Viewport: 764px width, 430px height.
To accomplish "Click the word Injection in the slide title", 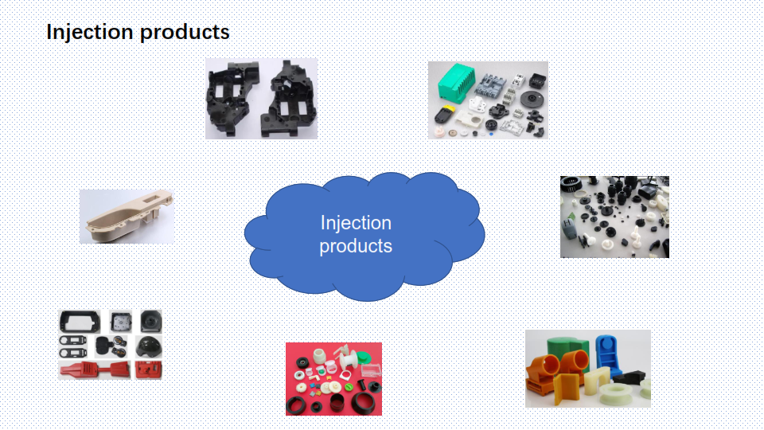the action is click(x=90, y=32).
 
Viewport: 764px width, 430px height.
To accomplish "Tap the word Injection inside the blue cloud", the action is click(x=357, y=223).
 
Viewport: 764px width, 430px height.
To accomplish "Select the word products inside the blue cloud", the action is click(x=356, y=246).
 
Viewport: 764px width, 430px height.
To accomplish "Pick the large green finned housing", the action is click(x=456, y=82).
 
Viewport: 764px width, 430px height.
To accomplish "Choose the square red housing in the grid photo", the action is click(x=149, y=370).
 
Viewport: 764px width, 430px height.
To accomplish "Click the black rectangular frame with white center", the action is click(x=80, y=322).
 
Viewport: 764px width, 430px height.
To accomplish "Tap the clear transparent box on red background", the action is click(x=371, y=370).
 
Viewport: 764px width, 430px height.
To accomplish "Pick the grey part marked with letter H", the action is click(x=568, y=229).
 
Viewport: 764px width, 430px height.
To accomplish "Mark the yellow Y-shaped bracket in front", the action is click(x=567, y=388).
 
